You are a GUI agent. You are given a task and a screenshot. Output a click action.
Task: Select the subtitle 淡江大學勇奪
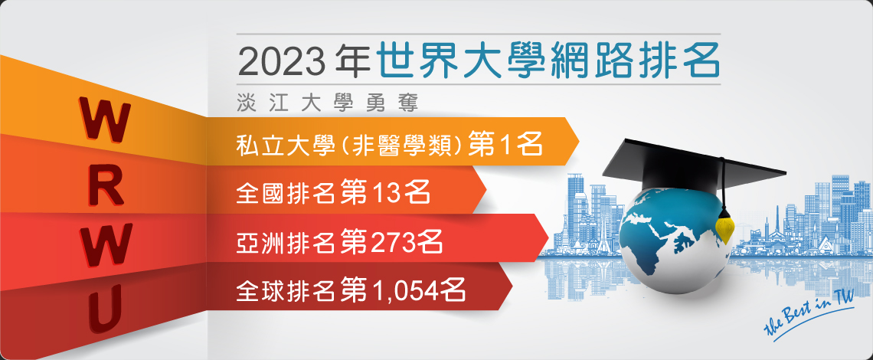327,104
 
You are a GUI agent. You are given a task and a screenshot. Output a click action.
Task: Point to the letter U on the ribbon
105,310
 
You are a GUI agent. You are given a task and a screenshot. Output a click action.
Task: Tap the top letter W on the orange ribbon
106,119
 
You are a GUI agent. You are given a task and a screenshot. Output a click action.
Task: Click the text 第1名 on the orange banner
505,144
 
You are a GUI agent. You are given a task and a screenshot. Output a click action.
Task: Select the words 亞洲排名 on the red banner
285,242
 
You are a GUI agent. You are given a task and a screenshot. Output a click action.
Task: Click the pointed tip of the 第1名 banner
579,142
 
